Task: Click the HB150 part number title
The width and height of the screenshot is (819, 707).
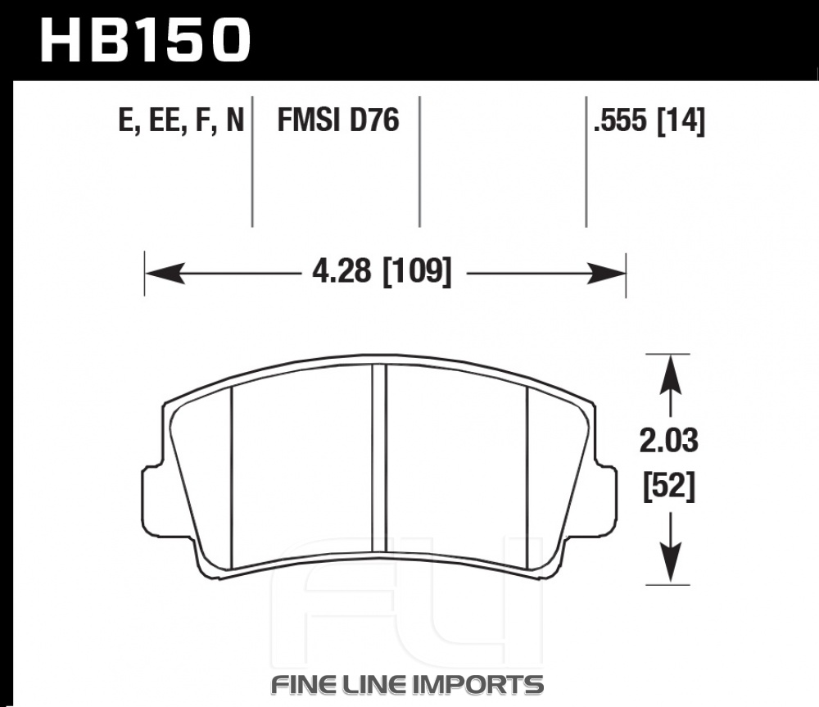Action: pos(145,40)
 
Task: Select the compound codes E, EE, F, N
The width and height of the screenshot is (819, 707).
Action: pos(181,120)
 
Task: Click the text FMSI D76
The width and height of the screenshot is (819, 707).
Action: pos(338,120)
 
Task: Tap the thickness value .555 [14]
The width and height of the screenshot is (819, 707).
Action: pos(649,120)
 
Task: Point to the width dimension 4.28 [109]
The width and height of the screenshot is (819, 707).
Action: pos(382,272)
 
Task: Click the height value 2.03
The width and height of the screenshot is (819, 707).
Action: pos(668,441)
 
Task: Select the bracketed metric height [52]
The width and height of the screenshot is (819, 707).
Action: pos(669,487)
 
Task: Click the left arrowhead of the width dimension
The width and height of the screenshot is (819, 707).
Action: pos(165,274)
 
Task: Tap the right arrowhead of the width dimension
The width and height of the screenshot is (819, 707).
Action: pos(606,274)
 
